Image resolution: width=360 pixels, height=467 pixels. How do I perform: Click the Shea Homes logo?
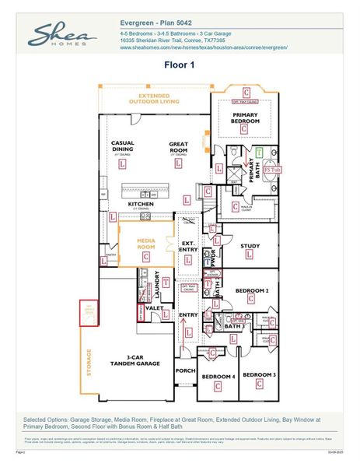(x=62, y=36)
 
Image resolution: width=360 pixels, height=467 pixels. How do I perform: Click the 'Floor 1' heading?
(x=180, y=65)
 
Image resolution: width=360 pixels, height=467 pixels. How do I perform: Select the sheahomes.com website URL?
(x=204, y=47)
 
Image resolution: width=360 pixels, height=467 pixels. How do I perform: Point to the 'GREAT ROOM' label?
(x=180, y=146)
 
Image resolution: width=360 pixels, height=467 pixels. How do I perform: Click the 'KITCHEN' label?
(x=141, y=204)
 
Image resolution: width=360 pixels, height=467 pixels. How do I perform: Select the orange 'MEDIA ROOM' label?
(x=147, y=244)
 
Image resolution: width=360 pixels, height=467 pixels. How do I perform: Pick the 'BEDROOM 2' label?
(x=252, y=290)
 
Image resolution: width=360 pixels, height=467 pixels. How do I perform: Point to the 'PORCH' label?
(x=185, y=370)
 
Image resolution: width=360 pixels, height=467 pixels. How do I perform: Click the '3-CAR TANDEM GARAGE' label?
(x=138, y=360)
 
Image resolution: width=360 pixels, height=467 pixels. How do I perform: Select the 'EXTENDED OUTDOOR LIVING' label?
(x=153, y=98)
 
